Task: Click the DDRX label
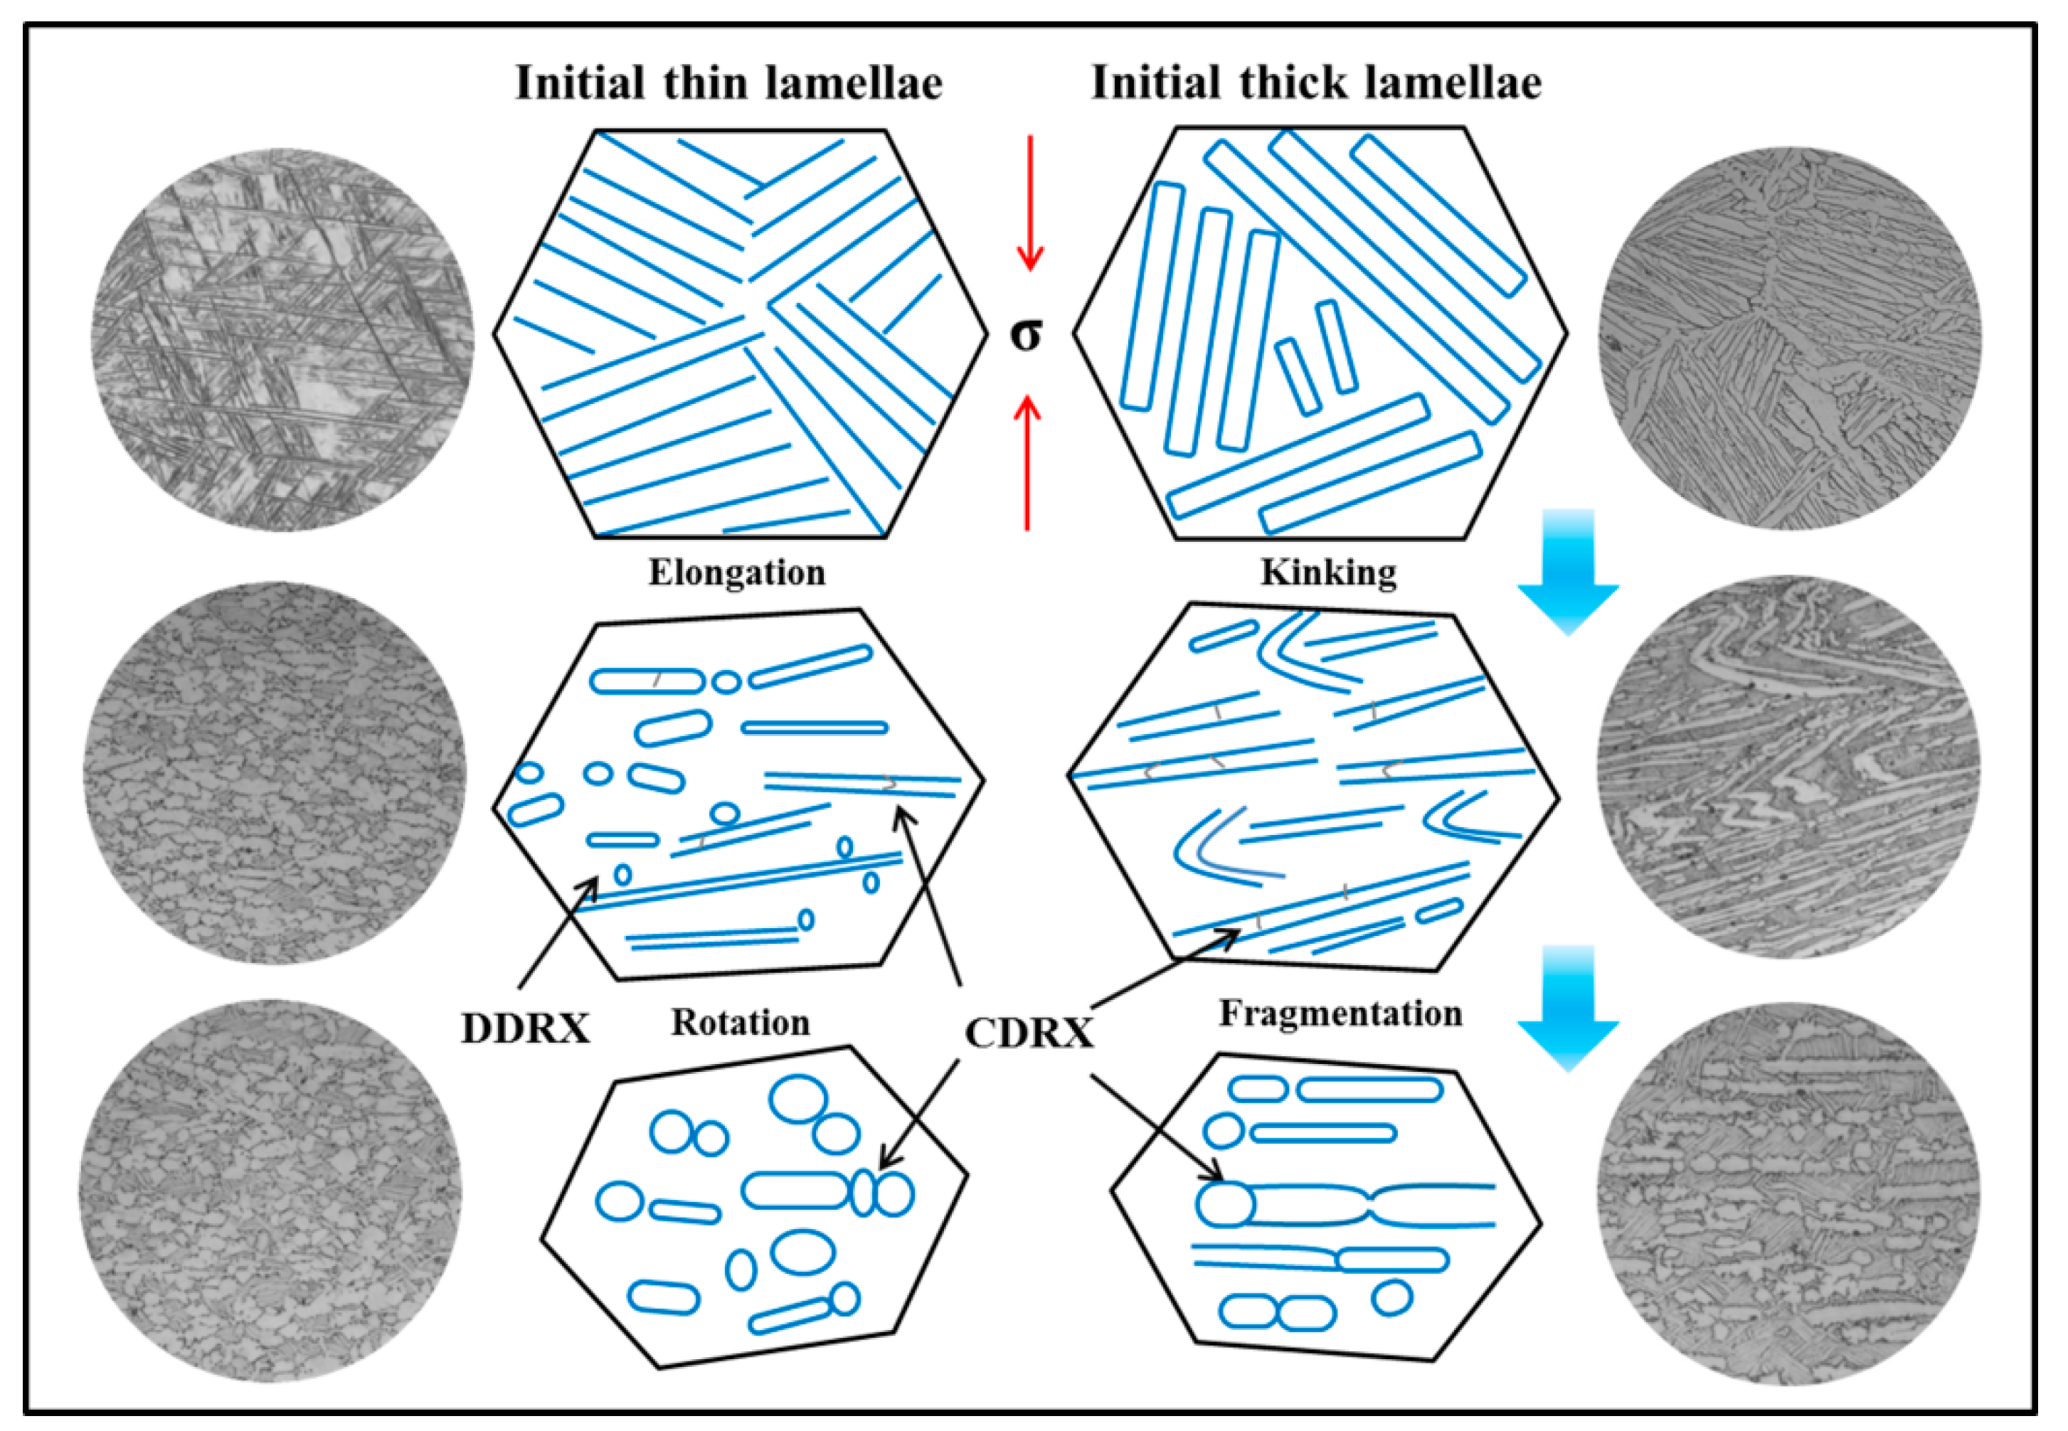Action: click(x=526, y=1028)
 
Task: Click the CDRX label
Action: click(x=1029, y=1033)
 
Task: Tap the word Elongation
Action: click(x=736, y=572)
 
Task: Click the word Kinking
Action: click(x=1328, y=572)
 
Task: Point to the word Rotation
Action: click(x=740, y=1022)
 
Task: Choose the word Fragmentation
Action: click(x=1340, y=1014)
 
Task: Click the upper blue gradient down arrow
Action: click(x=1568, y=570)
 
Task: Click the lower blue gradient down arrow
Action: click(x=1568, y=1008)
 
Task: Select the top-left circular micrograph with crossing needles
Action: click(x=282, y=341)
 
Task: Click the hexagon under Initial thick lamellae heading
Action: click(x=1320, y=334)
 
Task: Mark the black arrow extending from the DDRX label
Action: click(x=558, y=932)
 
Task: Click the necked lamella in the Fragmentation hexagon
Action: click(x=1372, y=1206)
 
